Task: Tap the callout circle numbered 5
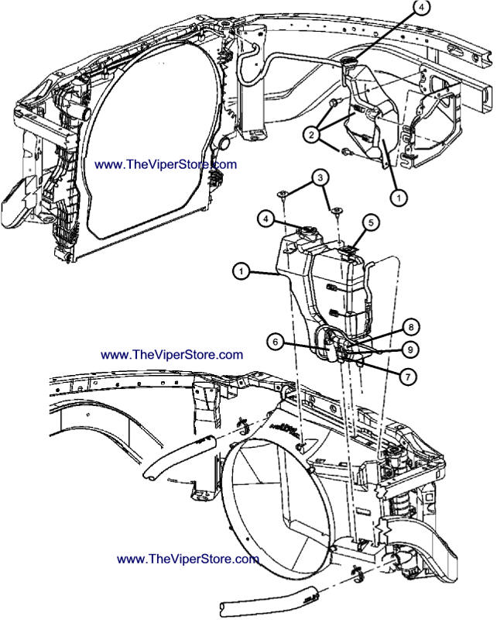tap(371, 222)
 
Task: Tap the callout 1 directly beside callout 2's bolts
tap(398, 197)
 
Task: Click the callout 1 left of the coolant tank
tap(242, 271)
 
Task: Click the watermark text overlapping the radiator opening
tap(166, 164)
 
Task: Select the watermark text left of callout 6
tap(172, 354)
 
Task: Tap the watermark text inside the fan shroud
tap(187, 559)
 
